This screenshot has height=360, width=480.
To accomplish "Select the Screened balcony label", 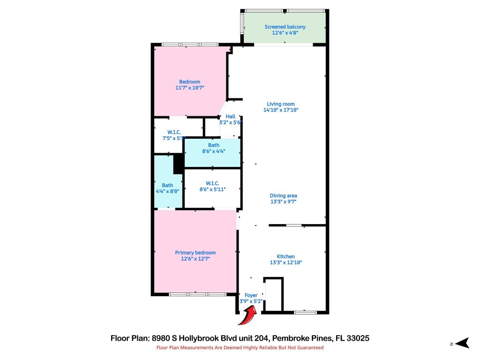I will [x=285, y=27].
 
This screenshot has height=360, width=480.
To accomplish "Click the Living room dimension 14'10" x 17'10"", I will [x=281, y=110].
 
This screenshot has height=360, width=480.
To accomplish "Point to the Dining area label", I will [x=283, y=195].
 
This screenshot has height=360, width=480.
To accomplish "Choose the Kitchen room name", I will [x=285, y=256].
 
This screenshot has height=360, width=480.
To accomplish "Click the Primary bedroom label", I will [x=195, y=253].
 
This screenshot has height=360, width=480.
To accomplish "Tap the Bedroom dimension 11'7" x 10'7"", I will [x=189, y=88].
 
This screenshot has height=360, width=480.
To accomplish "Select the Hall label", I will [x=231, y=116].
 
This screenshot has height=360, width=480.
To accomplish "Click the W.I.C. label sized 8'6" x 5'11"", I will [x=213, y=183].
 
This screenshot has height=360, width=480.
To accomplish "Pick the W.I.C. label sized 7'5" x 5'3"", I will [x=172, y=132].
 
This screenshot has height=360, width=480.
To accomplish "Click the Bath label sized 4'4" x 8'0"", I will [x=167, y=185].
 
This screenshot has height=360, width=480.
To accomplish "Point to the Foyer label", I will [x=251, y=295].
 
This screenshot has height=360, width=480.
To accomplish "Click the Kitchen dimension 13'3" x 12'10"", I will [x=285, y=262].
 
